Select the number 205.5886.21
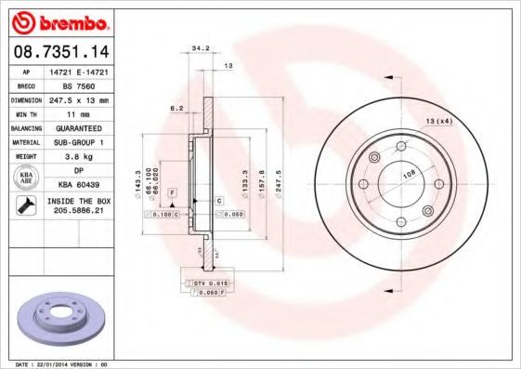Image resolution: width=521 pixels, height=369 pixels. pos(77,211)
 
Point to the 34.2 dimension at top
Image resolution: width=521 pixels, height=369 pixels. pos(199,46)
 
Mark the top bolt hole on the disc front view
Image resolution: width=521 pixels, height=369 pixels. pos(401,147)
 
